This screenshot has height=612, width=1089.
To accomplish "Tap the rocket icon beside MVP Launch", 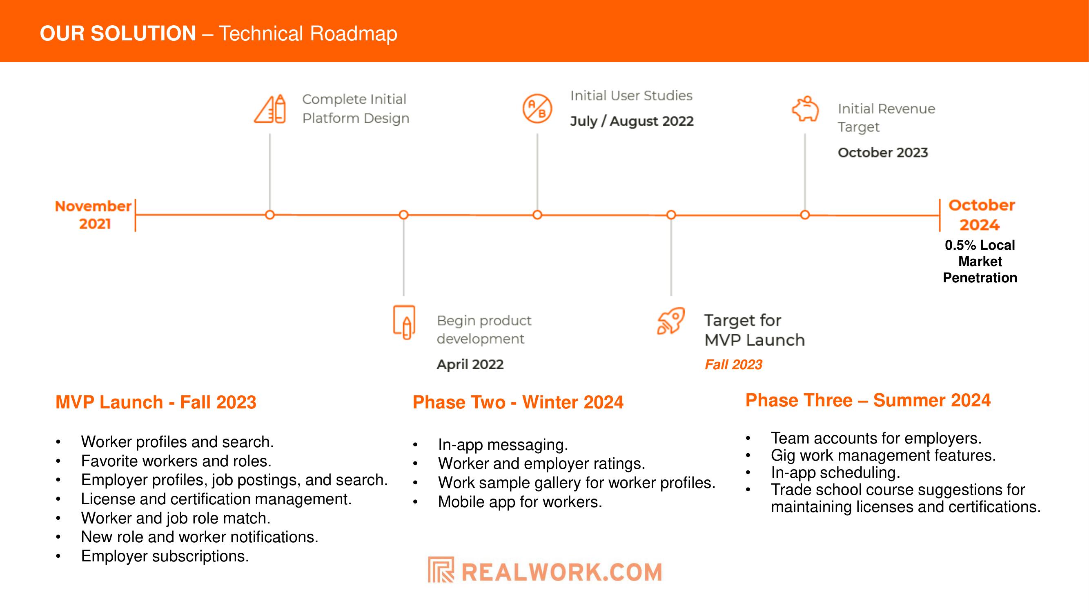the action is point(670,321).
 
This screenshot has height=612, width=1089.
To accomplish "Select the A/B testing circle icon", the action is point(537,109).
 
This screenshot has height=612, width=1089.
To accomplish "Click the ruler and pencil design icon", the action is point(270,109).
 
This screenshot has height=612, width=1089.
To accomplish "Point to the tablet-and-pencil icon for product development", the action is point(404,322).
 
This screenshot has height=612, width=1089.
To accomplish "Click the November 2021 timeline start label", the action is point(94,215).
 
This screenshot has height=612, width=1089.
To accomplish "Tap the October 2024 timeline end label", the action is point(981,215).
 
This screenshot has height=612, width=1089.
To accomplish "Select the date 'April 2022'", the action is point(470,364).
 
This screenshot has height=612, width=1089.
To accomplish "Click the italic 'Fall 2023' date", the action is point(733,364).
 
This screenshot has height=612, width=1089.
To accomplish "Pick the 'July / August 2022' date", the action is point(632,121).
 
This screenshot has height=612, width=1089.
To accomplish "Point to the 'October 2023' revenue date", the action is point(883,153).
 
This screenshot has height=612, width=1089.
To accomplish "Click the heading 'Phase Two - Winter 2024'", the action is point(518,402).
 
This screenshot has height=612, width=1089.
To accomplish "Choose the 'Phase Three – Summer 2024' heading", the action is point(868,400).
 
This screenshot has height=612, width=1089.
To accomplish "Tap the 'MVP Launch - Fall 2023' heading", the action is point(156,402).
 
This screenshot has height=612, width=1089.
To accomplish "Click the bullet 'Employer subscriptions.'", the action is point(165,556).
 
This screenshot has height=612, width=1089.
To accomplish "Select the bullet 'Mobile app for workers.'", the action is point(520,502).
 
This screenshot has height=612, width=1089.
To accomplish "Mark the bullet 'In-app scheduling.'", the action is point(835,472).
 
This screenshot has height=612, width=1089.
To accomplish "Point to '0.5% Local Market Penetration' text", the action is point(980,262).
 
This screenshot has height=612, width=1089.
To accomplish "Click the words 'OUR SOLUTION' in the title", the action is point(118,33).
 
